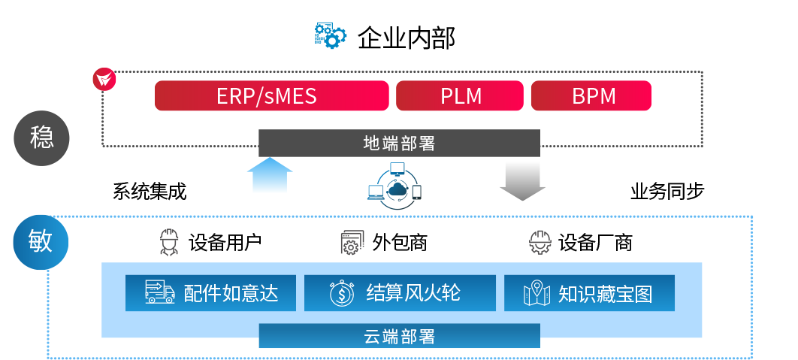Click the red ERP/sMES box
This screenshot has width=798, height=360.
[x=271, y=96]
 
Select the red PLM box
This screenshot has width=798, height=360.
[x=459, y=96]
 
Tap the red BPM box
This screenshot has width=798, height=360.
[x=591, y=96]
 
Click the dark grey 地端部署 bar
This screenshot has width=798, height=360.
[x=399, y=143]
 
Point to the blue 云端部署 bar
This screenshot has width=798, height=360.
[x=399, y=336]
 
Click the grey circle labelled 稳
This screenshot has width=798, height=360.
[x=42, y=138]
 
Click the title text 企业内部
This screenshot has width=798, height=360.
[x=407, y=37]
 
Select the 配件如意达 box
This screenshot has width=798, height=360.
[x=210, y=293]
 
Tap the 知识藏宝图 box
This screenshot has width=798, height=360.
[x=589, y=293]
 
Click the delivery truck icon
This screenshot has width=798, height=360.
[x=159, y=292]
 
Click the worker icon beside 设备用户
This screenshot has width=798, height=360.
[x=169, y=243]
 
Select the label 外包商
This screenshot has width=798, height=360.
[x=400, y=243]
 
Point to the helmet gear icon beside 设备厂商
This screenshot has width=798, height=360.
[x=540, y=243]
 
